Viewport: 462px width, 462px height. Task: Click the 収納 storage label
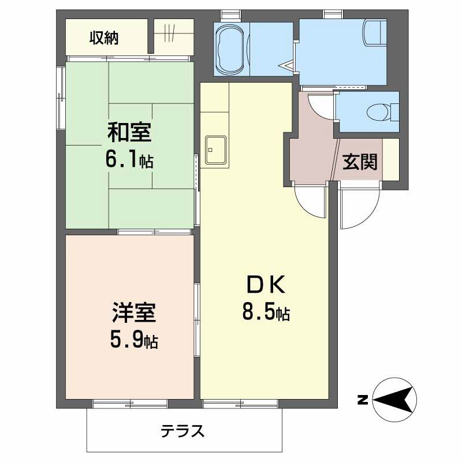[x=104, y=38]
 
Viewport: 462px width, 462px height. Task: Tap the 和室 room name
[x=129, y=132]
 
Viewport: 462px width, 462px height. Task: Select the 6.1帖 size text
[x=129, y=161]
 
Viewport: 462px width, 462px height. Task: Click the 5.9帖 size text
[x=134, y=340]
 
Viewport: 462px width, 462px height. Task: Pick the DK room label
[x=266, y=284]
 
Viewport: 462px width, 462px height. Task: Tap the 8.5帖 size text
[x=266, y=312]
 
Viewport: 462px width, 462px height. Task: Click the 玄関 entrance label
[x=360, y=162]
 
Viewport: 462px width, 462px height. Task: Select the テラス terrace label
[x=182, y=431]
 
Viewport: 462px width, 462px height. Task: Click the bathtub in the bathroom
[x=232, y=49]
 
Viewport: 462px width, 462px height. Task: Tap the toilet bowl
[x=378, y=112]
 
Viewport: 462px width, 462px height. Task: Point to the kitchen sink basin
[x=216, y=150]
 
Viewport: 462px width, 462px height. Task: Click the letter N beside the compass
[x=363, y=400]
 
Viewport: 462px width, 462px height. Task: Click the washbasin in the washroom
[x=375, y=32]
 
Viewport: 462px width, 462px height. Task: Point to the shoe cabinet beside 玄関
[x=391, y=159]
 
